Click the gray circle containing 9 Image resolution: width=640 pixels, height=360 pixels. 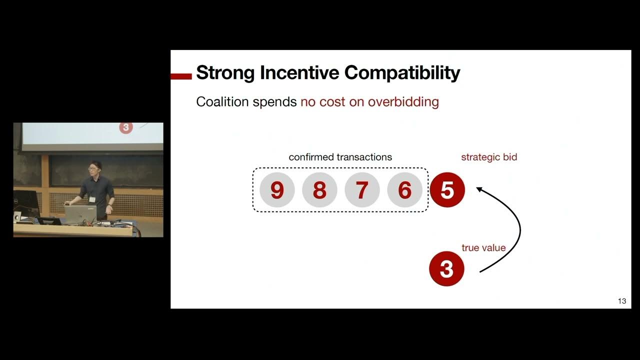click(x=276, y=190)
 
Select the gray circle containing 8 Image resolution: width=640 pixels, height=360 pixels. click(x=319, y=190)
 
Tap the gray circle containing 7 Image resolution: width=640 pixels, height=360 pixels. click(x=361, y=190)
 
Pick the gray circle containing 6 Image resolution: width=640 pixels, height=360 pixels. click(x=404, y=190)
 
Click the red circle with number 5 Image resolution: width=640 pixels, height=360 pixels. click(x=447, y=190)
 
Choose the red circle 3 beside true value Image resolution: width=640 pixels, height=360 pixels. click(x=446, y=269)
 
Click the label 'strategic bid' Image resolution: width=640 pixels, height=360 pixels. click(x=488, y=157)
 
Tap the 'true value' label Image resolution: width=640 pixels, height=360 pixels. click(x=483, y=247)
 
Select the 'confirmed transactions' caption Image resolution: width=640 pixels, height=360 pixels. click(x=340, y=157)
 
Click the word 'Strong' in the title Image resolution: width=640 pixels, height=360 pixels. click(x=225, y=73)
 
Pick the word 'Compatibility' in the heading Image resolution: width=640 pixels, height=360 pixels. click(x=402, y=73)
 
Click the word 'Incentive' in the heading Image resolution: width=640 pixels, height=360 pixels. click(x=299, y=73)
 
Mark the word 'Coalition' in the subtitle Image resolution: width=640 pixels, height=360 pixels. click(x=222, y=102)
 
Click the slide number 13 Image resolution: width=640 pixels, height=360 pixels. click(x=621, y=301)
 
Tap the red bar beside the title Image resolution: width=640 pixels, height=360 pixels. click(x=181, y=76)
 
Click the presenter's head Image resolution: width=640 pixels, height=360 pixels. click(x=93, y=167)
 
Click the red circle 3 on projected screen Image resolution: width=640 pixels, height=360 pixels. click(x=125, y=127)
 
